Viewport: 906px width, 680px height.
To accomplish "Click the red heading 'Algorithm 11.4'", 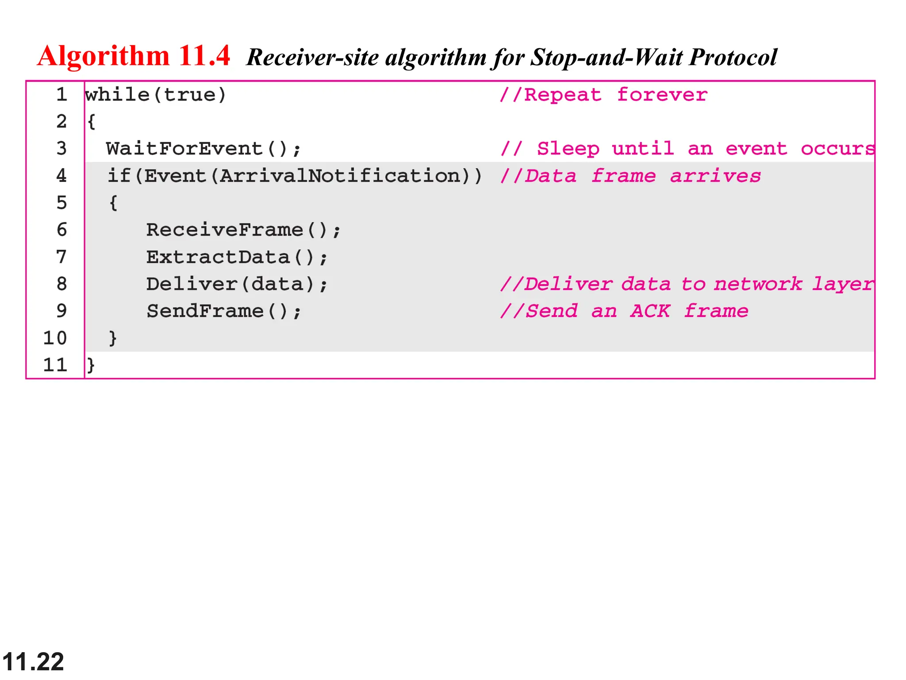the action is click(x=133, y=56).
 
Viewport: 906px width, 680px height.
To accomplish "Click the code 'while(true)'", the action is click(x=155, y=95).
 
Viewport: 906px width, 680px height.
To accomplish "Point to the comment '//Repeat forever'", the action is click(x=603, y=95).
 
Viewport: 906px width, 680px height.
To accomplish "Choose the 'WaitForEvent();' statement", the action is click(x=203, y=149).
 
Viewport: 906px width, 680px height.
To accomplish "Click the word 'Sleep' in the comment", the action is click(x=568, y=149).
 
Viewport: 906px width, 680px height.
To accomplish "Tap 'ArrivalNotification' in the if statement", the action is click(x=340, y=176).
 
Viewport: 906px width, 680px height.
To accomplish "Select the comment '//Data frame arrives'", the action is click(x=630, y=176).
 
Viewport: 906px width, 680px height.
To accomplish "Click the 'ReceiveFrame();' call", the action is click(x=243, y=230).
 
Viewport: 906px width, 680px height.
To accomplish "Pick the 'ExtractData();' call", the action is click(x=237, y=257).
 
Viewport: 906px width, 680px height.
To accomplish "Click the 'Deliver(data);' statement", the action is click(x=237, y=284).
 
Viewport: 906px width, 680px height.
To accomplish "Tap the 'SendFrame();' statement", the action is click(x=223, y=311).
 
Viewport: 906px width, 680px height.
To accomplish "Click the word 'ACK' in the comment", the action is click(x=650, y=311).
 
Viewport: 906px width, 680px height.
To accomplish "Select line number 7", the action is click(x=61, y=257).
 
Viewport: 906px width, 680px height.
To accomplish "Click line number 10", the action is click(x=55, y=338).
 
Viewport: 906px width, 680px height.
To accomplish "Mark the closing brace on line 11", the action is click(x=91, y=365).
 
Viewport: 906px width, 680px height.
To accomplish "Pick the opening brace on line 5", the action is click(x=113, y=203).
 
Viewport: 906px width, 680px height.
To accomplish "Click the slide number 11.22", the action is click(x=33, y=662).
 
